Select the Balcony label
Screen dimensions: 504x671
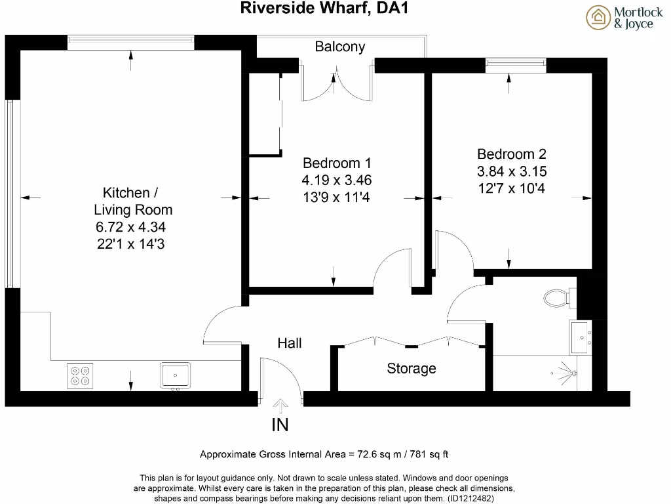(x=339, y=47)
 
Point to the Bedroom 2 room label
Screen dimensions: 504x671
(x=511, y=154)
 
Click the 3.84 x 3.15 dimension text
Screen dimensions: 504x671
(x=511, y=171)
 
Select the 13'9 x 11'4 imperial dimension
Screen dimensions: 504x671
(x=337, y=197)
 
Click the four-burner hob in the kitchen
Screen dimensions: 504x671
(x=79, y=375)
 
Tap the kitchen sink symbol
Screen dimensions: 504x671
(x=175, y=375)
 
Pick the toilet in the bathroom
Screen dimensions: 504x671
(x=558, y=299)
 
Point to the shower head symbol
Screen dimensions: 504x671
(x=572, y=373)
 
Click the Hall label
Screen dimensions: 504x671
(x=290, y=343)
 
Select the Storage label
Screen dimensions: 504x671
(x=411, y=369)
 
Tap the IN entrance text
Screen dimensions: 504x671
(x=280, y=425)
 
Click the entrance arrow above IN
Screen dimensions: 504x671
(x=280, y=405)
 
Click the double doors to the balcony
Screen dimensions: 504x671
(x=337, y=85)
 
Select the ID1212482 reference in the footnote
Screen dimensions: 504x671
(x=470, y=498)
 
